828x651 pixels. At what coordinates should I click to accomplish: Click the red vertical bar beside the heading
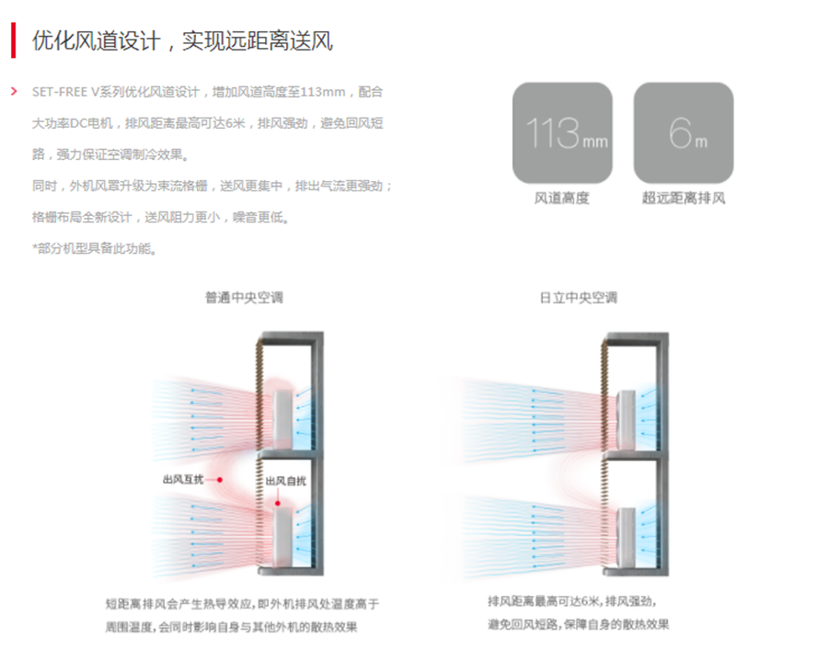pos(14,41)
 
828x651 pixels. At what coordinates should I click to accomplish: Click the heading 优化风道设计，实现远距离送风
pos(182,41)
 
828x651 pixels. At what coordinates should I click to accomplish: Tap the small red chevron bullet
pos(14,92)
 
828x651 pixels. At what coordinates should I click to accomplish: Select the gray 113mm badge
pos(562,133)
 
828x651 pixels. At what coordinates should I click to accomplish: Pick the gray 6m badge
pos(684,133)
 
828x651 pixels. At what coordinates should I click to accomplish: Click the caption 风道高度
pos(562,198)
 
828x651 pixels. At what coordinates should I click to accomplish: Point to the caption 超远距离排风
pos(684,198)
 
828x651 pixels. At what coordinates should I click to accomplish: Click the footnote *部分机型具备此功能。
pos(94,248)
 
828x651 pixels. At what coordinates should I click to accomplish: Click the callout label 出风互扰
pos(183,479)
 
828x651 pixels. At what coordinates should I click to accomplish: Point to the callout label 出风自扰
pos(285,481)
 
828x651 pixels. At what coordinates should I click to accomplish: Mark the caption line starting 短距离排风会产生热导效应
pos(242,604)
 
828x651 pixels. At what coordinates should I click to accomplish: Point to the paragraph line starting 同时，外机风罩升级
pos(213,186)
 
